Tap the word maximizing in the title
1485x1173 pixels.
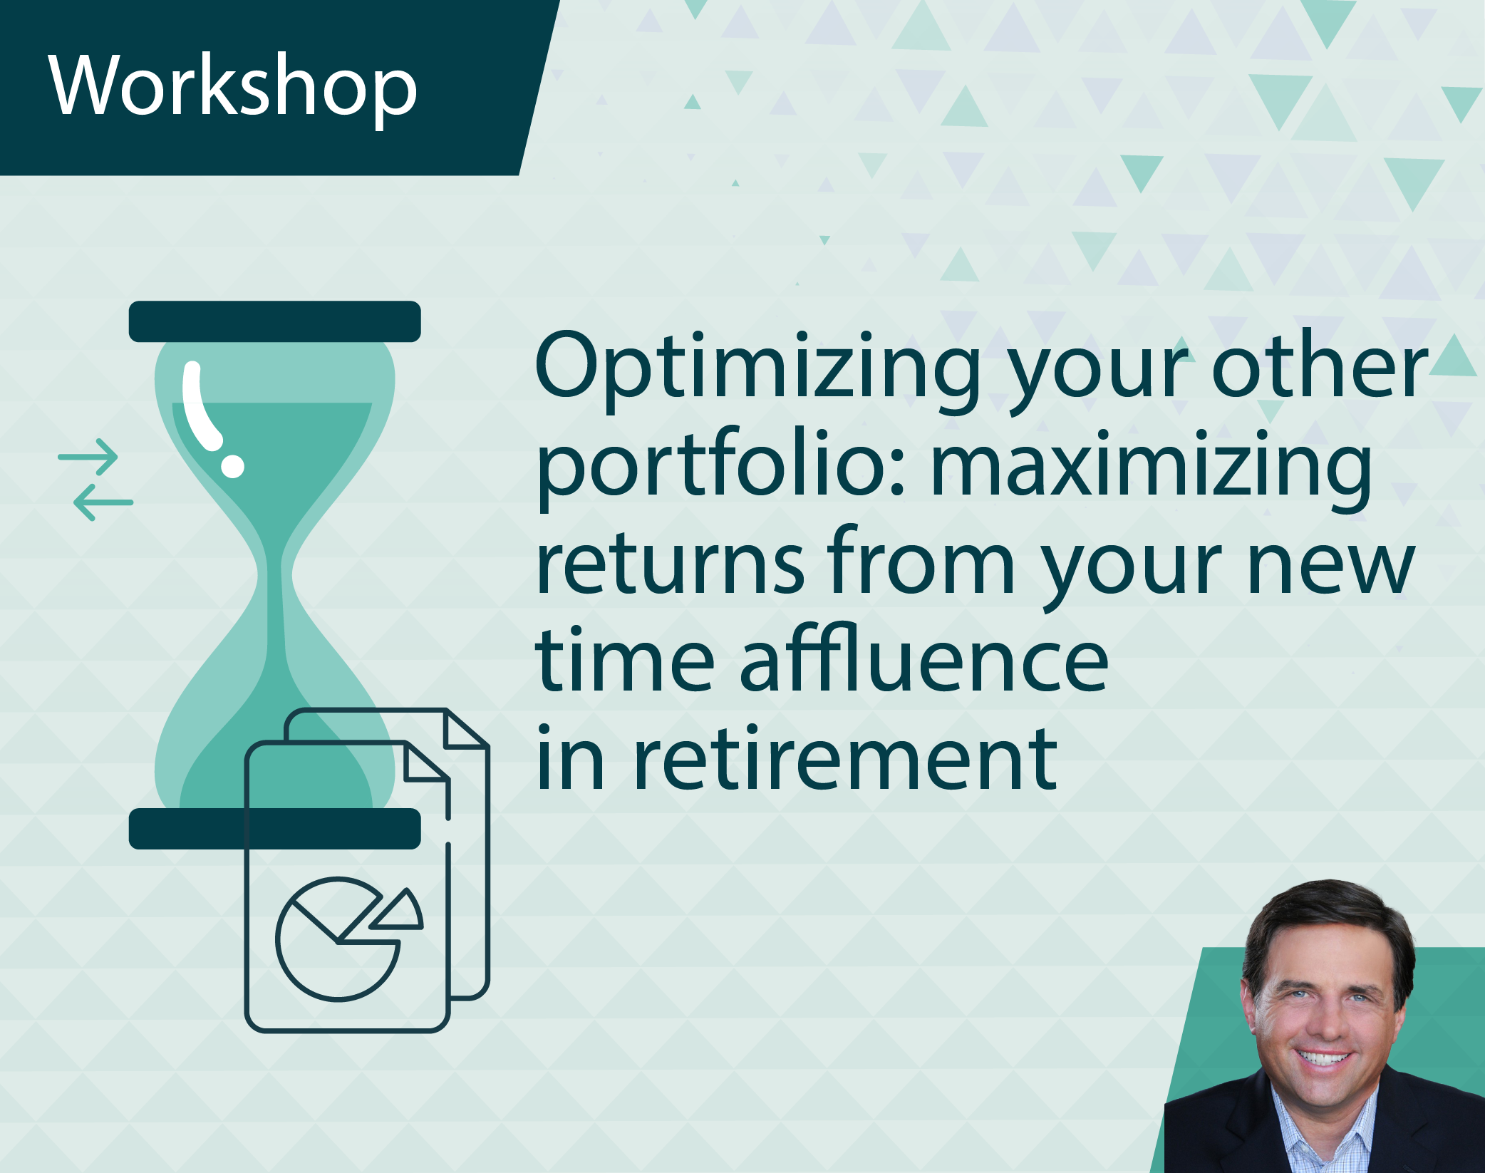point(1152,470)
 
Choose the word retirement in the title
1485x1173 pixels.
point(845,760)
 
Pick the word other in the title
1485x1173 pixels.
point(1319,365)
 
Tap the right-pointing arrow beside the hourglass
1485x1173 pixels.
point(88,457)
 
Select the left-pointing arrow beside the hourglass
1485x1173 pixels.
point(103,502)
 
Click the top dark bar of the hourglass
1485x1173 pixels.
point(275,321)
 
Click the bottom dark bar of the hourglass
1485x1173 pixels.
point(275,829)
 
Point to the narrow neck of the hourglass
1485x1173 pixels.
point(275,574)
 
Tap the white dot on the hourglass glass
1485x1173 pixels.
point(232,465)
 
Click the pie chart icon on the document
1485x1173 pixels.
point(338,939)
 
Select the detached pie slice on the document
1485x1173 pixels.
point(399,911)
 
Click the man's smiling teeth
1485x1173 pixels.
point(1323,1058)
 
